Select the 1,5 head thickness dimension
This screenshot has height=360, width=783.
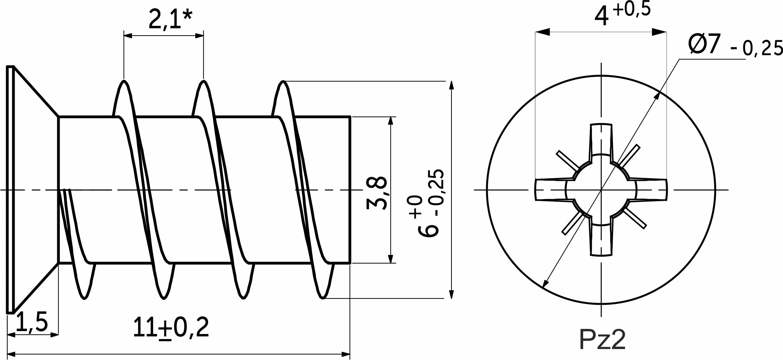32,321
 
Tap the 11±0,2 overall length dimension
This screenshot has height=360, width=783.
171,327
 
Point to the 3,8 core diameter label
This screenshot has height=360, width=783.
377,193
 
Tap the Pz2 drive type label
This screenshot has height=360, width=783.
602,339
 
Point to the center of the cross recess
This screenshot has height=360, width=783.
601,190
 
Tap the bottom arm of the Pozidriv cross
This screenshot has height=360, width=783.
601,241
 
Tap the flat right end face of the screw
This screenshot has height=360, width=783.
350,190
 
